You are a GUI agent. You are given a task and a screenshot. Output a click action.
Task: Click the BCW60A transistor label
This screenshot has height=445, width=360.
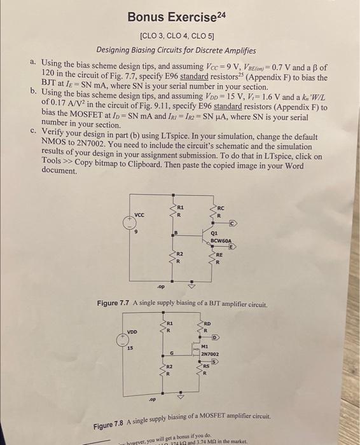(222, 241)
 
